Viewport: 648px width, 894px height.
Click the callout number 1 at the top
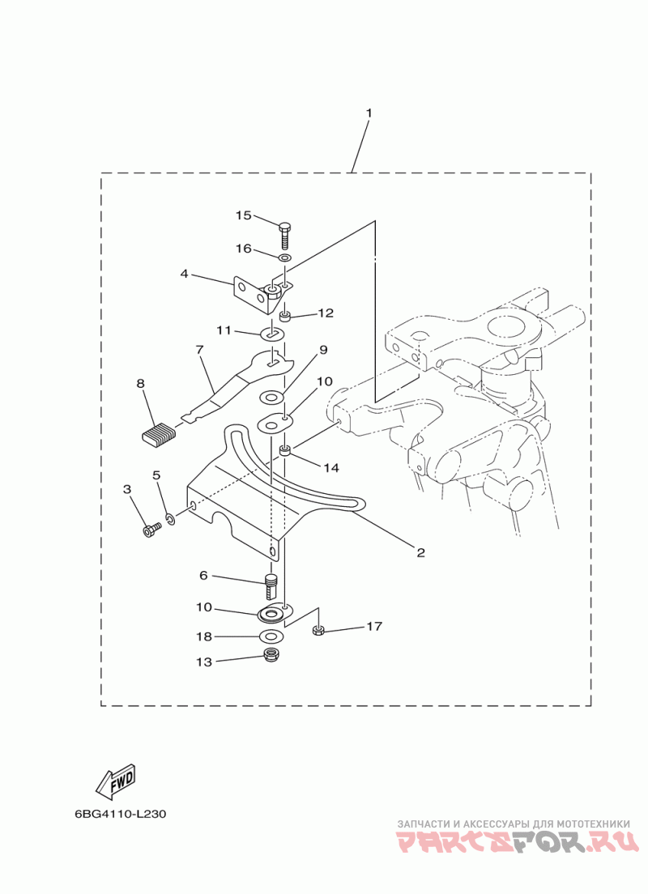[369, 113]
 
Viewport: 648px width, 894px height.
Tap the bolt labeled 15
[285, 235]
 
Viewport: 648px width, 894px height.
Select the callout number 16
[244, 249]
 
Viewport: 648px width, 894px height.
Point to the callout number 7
[199, 349]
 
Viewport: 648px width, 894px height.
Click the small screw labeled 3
[151, 530]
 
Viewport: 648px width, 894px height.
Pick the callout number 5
[156, 475]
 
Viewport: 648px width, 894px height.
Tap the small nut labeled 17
[318, 631]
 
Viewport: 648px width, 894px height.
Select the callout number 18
[204, 636]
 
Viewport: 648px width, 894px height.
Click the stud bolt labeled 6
[271, 586]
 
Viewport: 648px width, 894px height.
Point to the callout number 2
[420, 552]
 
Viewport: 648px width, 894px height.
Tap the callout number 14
[331, 467]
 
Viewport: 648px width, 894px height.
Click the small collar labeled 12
[285, 314]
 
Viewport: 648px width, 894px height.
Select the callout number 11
[224, 330]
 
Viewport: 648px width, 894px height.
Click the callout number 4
[184, 275]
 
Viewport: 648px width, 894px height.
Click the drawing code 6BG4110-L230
[121, 814]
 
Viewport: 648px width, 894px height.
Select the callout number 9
[323, 350]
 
